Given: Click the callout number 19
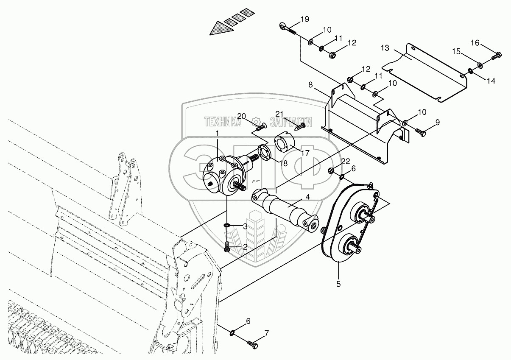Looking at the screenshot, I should [x=305, y=19].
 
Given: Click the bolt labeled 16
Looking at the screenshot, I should [x=497, y=56].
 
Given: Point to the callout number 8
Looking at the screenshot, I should [x=311, y=85].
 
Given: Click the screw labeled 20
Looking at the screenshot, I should [x=261, y=125].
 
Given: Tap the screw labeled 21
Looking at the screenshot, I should [x=300, y=126].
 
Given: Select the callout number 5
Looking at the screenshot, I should [x=338, y=284].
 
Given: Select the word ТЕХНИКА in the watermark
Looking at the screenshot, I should [x=223, y=123].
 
